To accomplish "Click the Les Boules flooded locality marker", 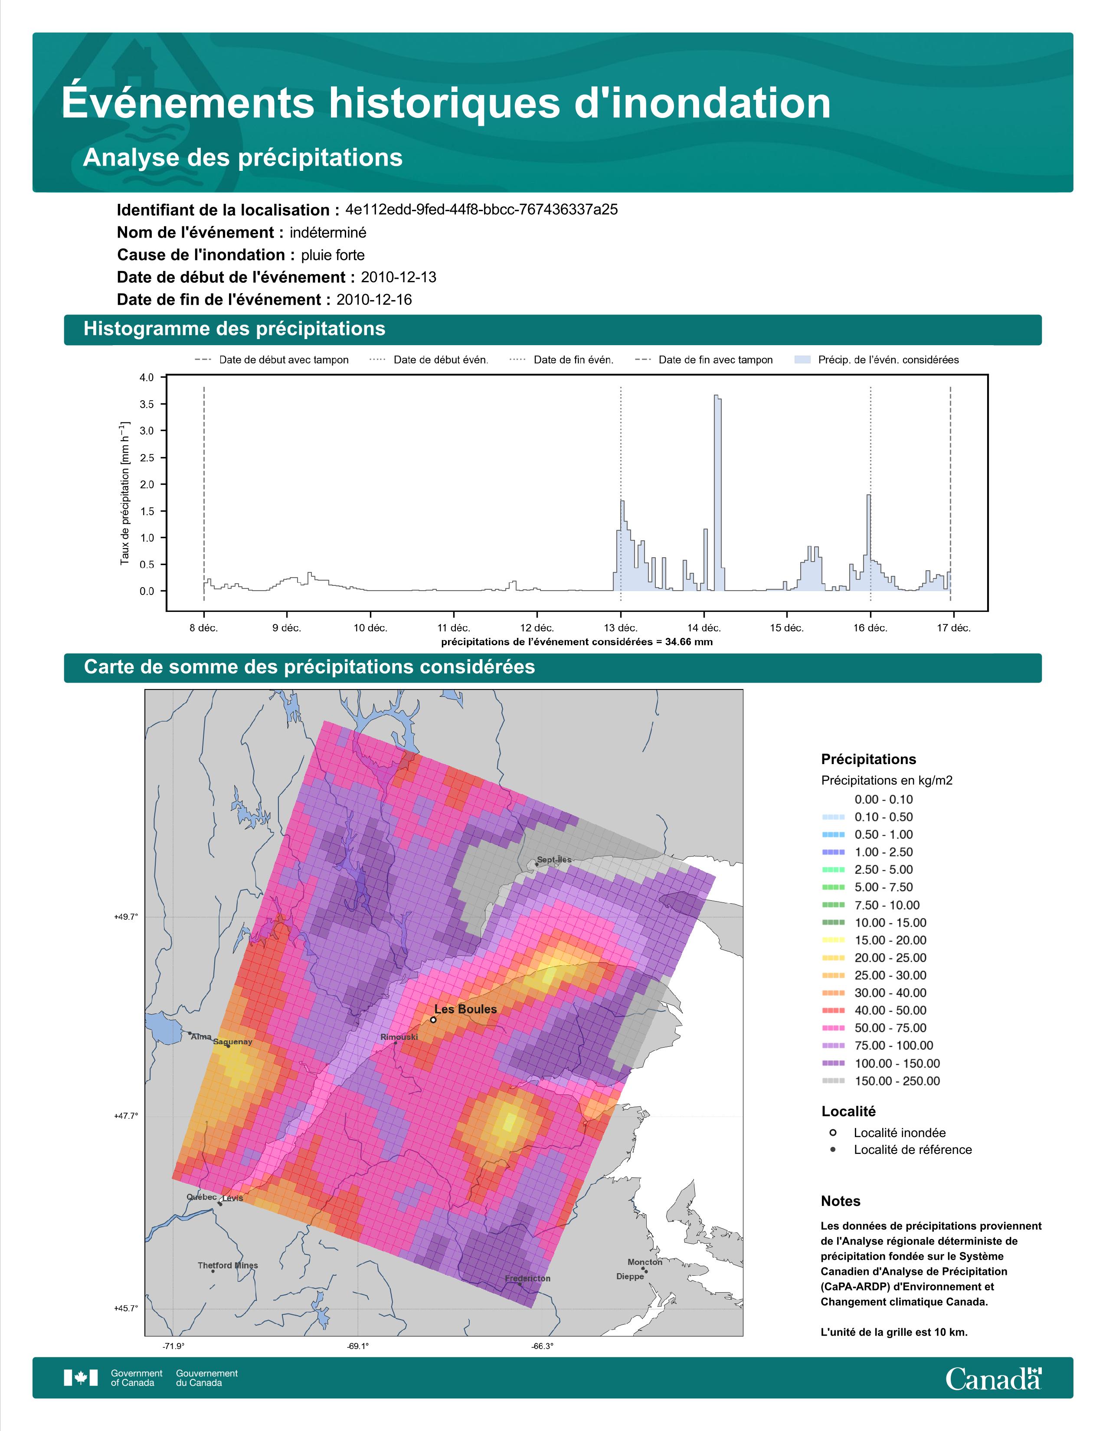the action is pos(433,1019).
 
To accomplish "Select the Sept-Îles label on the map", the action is pos(554,859).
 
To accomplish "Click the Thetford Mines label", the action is pos(228,1265).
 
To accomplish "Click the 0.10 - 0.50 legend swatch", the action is pos(833,817).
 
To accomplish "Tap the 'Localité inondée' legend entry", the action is pos(888,1133).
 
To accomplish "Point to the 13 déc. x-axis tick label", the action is pos(621,628).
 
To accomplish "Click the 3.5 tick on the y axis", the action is pos(147,404).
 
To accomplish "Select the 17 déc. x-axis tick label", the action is pos(953,628).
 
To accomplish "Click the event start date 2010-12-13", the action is pos(398,277).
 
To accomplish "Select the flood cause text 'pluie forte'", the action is pos(333,255).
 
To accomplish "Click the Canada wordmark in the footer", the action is pos(993,1380).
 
